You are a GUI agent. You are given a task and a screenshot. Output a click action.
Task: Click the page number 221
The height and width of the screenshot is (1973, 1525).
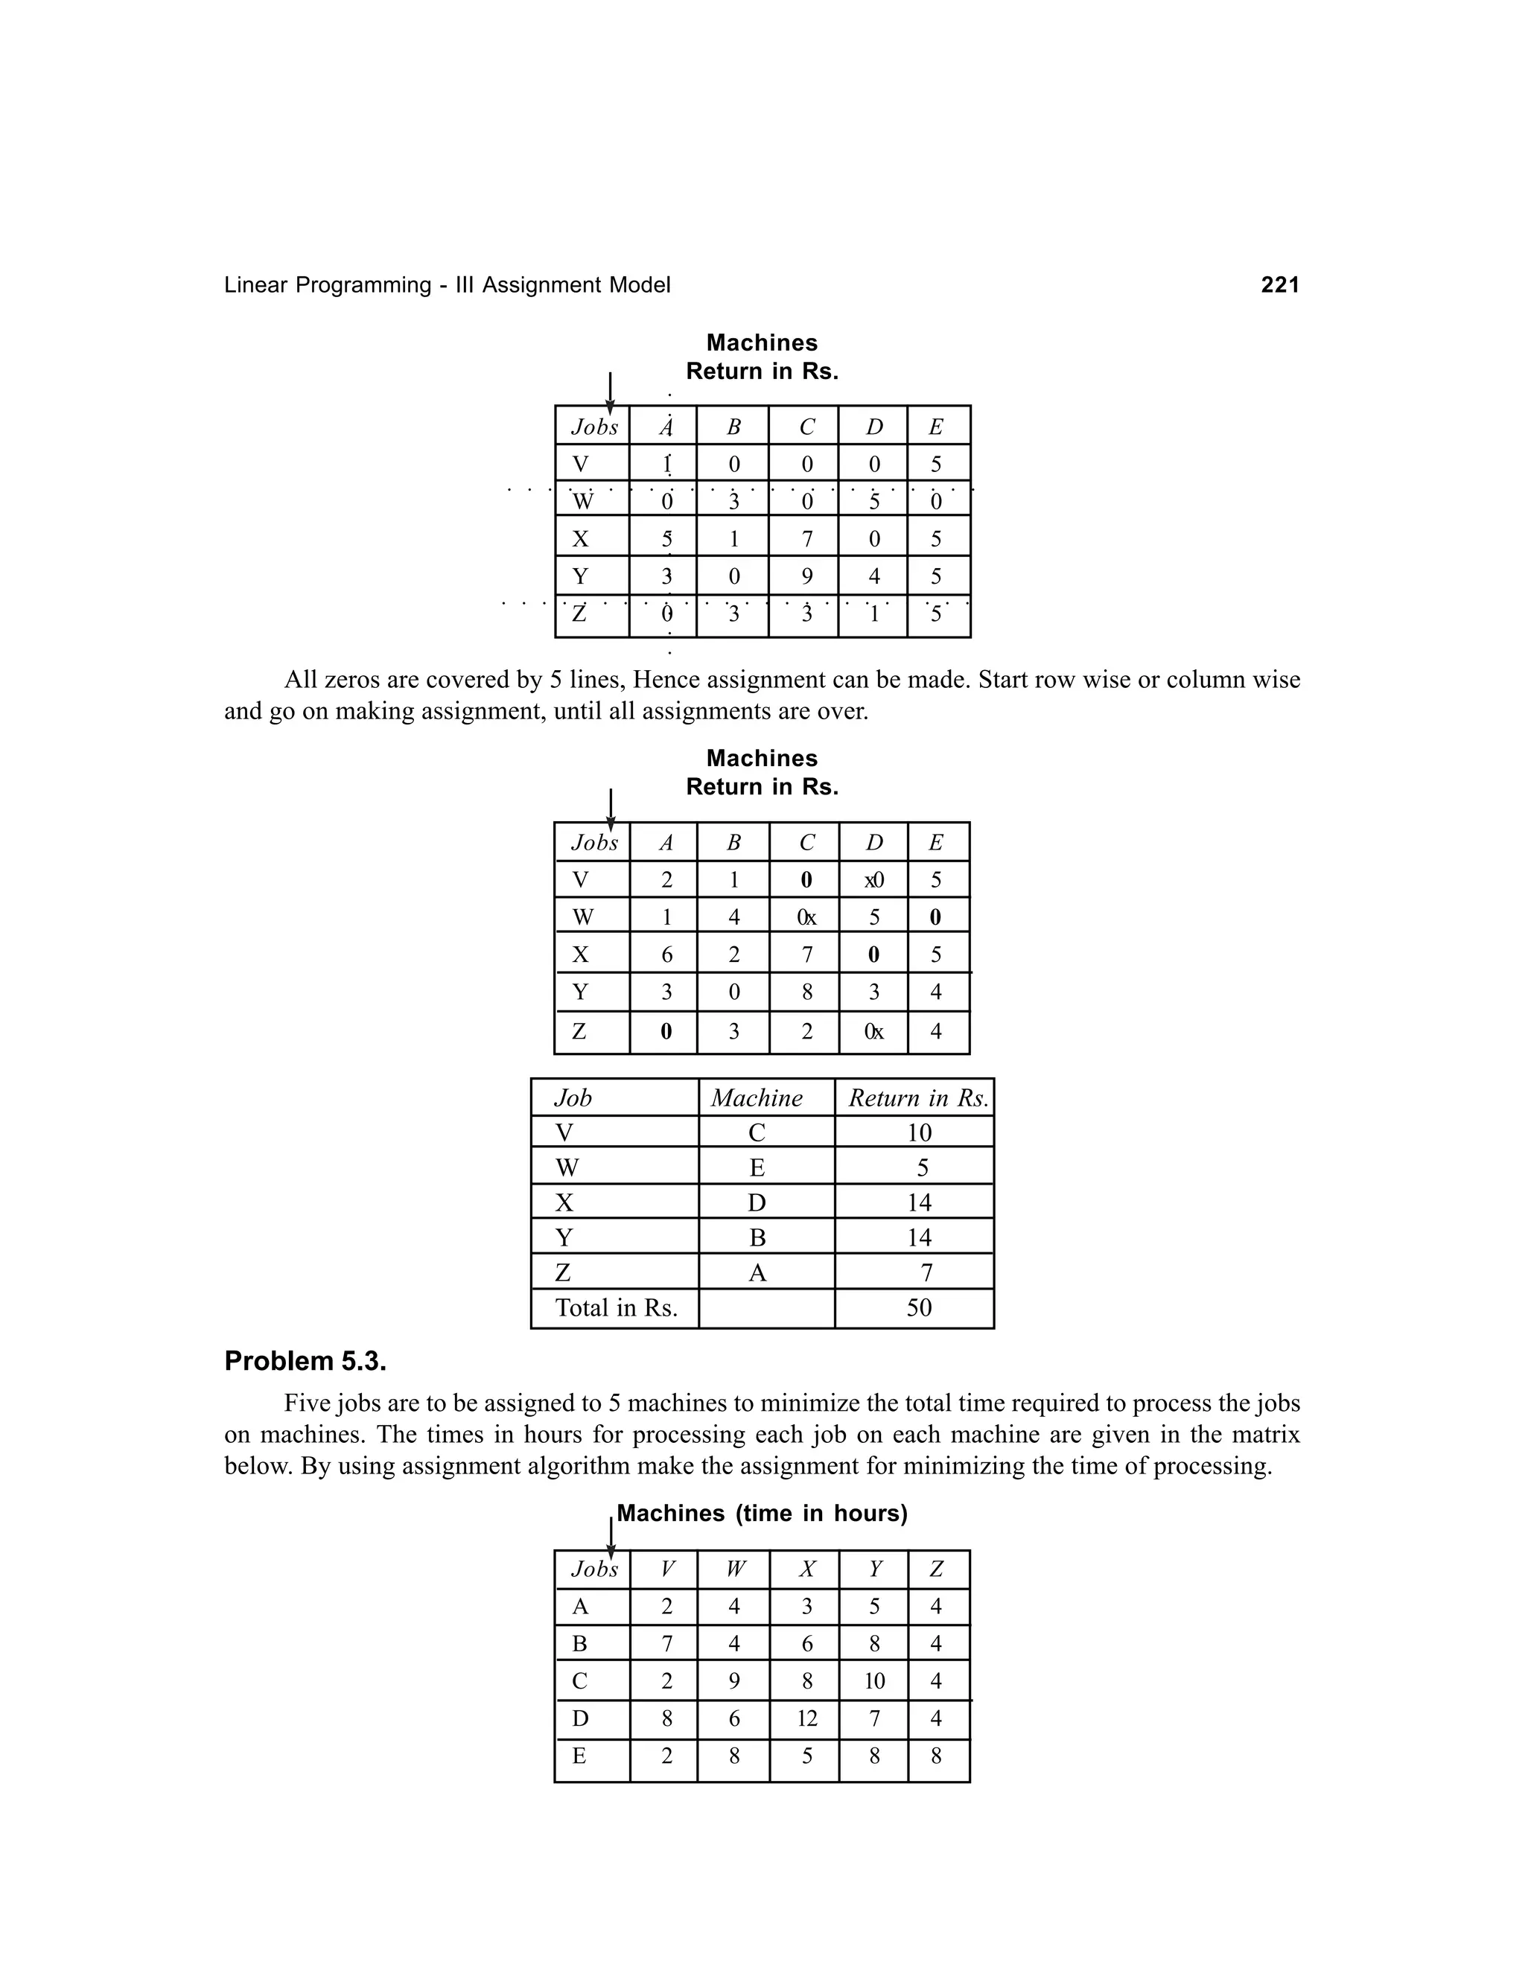(1279, 285)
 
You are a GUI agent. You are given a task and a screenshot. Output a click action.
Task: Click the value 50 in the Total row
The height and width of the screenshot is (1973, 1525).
(918, 1308)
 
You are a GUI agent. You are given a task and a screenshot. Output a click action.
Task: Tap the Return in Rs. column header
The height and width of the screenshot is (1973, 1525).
(917, 1097)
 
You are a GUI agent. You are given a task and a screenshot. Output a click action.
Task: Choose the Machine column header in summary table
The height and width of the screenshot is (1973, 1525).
(757, 1097)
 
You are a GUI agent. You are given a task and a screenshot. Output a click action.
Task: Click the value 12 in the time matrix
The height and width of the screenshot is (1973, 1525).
(806, 1718)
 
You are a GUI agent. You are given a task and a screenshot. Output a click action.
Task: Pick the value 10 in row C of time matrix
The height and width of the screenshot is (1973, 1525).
(873, 1681)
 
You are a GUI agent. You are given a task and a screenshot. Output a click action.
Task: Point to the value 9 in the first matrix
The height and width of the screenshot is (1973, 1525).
(806, 576)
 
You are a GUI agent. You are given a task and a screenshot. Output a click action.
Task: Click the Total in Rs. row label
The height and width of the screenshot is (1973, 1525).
(616, 1308)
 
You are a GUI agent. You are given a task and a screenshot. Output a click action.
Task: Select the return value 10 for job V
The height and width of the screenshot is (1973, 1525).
(918, 1133)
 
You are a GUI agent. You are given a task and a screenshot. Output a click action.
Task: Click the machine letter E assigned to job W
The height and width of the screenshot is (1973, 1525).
(757, 1168)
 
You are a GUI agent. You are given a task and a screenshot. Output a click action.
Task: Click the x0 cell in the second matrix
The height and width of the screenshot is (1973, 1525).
(873, 880)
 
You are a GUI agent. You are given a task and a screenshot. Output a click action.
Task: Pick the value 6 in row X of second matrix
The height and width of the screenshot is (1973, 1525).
(666, 955)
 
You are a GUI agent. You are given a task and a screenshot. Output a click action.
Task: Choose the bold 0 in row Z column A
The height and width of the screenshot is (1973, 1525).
(666, 1030)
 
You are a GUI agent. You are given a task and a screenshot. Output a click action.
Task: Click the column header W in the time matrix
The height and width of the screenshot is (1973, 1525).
(734, 1569)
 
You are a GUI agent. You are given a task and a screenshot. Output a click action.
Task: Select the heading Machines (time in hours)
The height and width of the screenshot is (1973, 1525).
(762, 1513)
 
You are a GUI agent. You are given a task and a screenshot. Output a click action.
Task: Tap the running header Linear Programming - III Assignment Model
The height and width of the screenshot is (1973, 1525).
(448, 285)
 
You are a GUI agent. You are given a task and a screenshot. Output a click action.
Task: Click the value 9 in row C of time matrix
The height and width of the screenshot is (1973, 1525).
(733, 1681)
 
